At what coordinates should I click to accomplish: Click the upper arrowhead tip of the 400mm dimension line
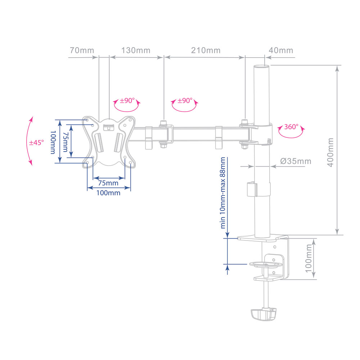point(337,66)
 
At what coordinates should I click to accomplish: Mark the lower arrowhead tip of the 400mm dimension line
point(337,235)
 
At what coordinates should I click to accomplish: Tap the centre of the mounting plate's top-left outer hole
point(87,120)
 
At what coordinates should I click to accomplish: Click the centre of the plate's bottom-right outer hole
point(130,163)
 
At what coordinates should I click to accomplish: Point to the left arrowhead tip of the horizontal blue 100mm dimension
point(87,188)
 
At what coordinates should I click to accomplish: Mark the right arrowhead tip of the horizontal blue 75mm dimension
point(125,178)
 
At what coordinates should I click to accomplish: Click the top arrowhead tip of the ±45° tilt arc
point(32,117)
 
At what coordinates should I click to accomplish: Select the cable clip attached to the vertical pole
point(252,189)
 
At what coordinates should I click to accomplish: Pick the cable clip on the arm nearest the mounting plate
point(149,138)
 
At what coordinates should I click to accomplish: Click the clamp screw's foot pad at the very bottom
point(264,315)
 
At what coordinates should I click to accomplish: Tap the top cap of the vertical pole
point(261,67)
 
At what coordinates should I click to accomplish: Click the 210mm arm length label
point(206,50)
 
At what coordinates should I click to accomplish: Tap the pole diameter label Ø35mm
point(296,161)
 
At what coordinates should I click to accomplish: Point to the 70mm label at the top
point(82,50)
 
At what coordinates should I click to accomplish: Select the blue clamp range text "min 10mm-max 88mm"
point(223,193)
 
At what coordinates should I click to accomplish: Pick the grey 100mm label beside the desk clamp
point(309,258)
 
